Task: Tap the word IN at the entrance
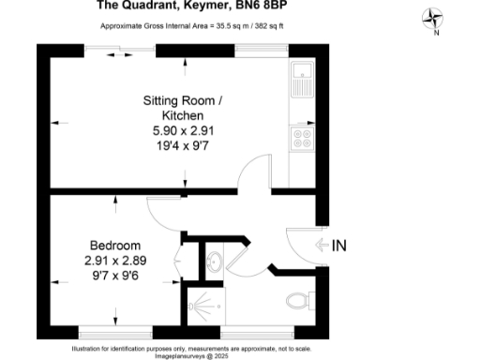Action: point(339,246)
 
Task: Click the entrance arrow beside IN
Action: point(321,246)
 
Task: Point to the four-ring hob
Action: point(303,138)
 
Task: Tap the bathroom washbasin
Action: point(213,261)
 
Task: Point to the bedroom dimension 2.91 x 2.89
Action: point(114,261)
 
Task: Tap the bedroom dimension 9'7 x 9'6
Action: point(114,276)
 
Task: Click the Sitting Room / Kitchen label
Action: point(183,107)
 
